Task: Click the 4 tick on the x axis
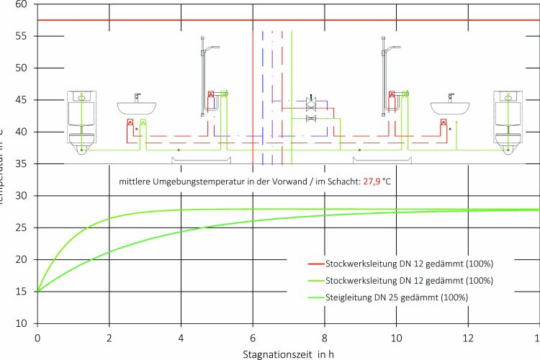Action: point(181,337)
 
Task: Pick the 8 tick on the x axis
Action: point(325,337)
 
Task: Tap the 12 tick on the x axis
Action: point(469,337)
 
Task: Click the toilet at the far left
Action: point(82,122)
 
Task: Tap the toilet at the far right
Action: point(507,122)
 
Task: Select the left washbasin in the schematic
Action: point(137,107)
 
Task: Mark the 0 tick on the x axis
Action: point(37,337)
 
